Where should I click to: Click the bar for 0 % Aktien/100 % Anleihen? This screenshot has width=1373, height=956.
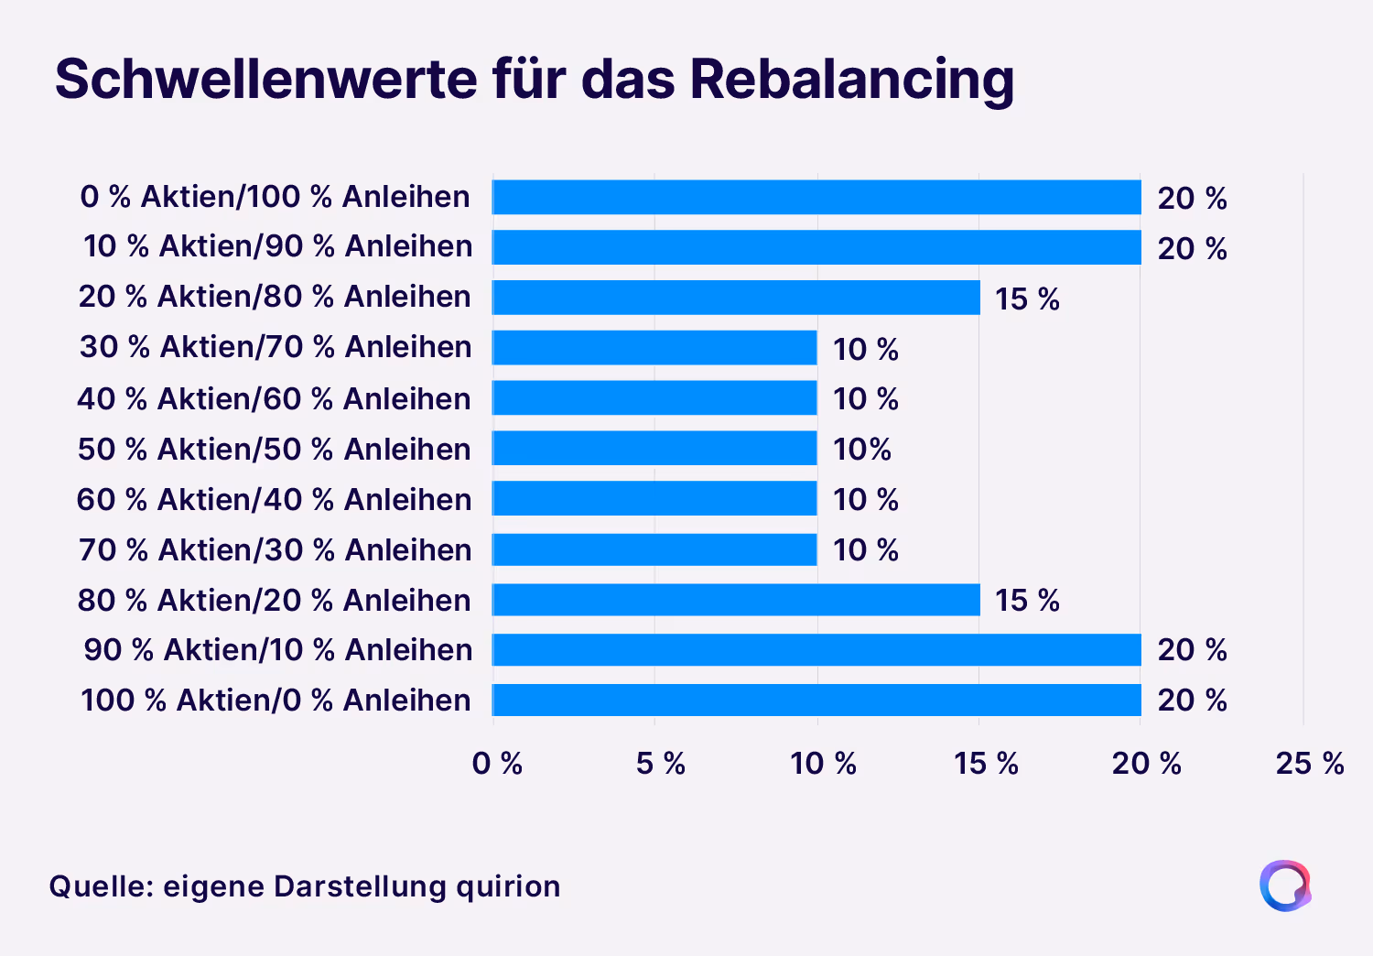[x=816, y=197]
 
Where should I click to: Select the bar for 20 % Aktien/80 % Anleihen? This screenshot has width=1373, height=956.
[x=736, y=298]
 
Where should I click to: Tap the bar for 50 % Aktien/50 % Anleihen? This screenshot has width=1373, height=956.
[x=654, y=449]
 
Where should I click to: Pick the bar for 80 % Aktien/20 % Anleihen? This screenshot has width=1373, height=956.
[x=736, y=600]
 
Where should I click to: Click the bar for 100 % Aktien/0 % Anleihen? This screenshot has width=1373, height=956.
[x=816, y=700]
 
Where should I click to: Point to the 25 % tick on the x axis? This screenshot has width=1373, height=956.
[x=1309, y=763]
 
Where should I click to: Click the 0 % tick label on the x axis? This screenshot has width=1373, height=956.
[x=497, y=763]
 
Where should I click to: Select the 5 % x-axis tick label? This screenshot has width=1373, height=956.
[x=660, y=763]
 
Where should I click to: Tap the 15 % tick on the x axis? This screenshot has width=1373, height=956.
[x=986, y=763]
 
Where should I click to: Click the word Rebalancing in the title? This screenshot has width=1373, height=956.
[x=851, y=80]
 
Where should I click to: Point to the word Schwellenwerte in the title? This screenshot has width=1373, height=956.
[x=265, y=80]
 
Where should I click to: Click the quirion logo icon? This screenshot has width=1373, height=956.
[x=1285, y=885]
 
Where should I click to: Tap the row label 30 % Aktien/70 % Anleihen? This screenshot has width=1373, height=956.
[x=276, y=347]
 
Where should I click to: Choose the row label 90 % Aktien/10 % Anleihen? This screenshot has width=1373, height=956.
[x=278, y=650]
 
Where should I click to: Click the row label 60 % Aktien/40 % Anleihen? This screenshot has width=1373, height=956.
[x=274, y=500]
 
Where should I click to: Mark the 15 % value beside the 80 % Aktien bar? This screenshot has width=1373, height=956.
[x=1027, y=601]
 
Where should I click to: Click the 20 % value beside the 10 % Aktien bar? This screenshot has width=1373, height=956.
[x=1192, y=248]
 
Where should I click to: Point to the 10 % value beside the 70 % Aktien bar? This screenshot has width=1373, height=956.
[x=865, y=550]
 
